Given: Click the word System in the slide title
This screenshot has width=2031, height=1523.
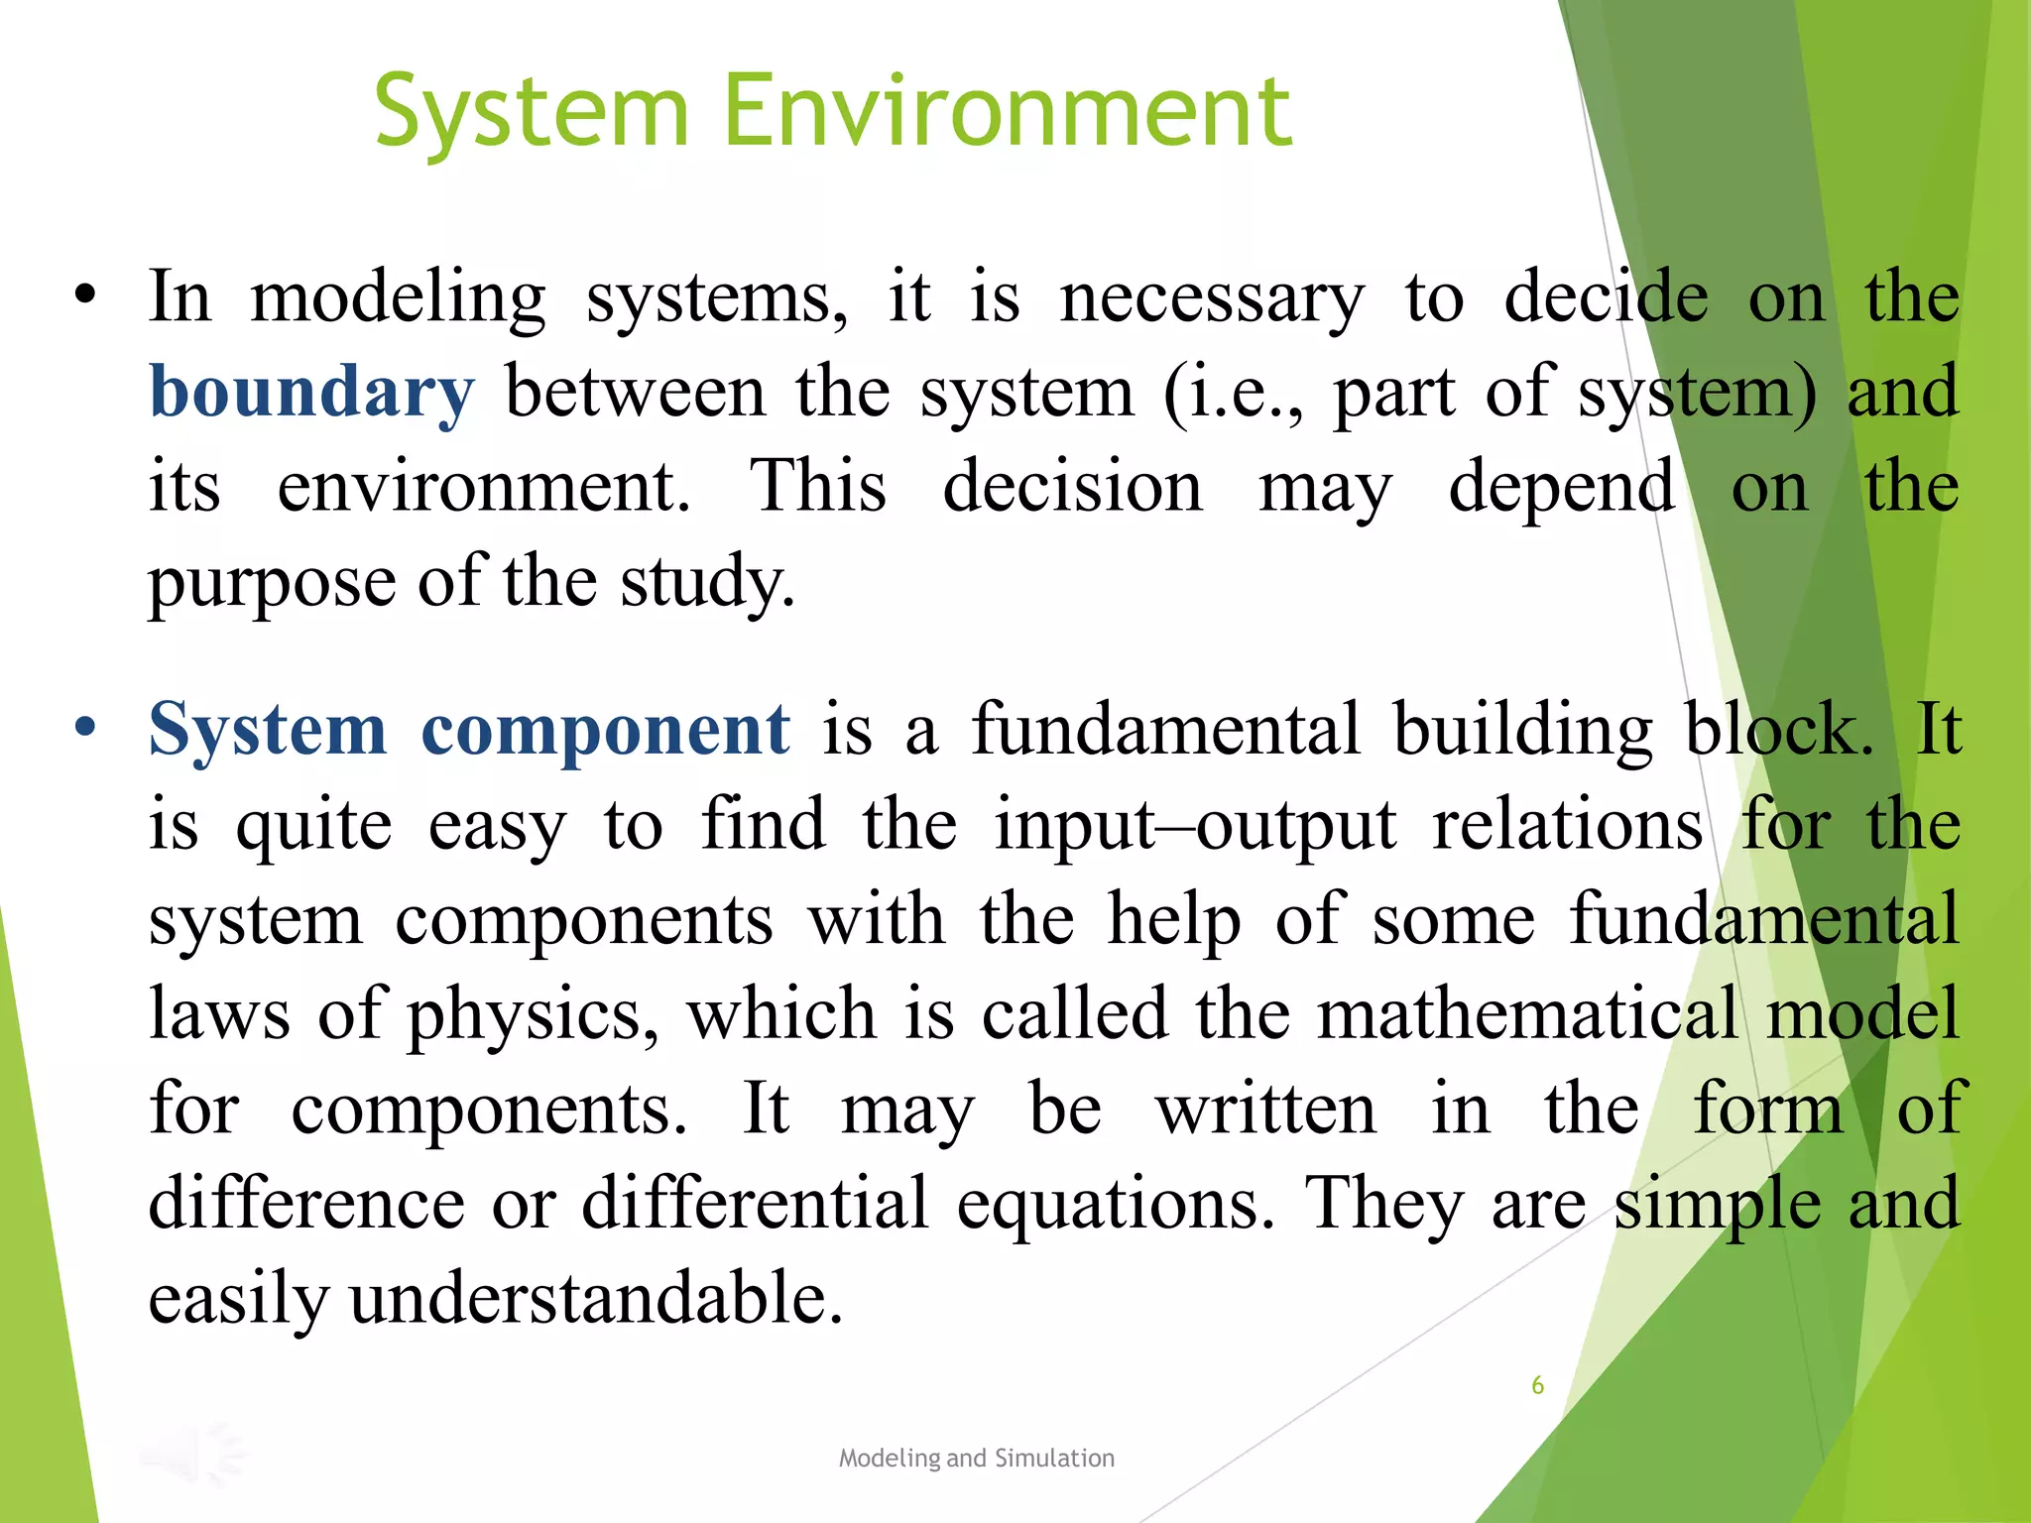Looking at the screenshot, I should (x=532, y=111).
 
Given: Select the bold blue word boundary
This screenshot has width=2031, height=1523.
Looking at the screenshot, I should (x=311, y=392).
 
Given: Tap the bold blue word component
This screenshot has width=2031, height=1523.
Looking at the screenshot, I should (x=605, y=730).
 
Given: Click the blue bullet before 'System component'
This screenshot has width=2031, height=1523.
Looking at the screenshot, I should (x=86, y=727).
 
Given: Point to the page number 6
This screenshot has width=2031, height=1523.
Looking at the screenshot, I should (x=1537, y=1385).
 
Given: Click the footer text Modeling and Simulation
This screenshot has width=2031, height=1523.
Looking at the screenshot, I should (x=976, y=1458).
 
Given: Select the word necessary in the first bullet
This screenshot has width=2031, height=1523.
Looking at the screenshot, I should (x=1212, y=297).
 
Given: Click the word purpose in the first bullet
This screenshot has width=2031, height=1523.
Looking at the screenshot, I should (x=272, y=583).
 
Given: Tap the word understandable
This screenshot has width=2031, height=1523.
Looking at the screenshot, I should (x=596, y=1298).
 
